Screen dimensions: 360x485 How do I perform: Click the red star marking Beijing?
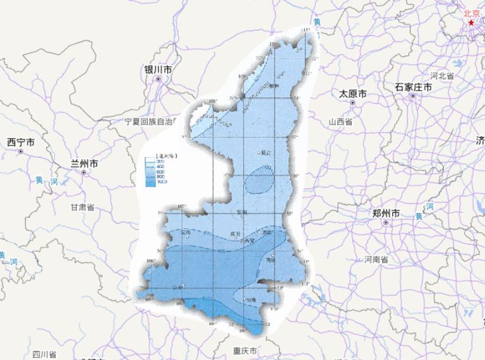coord(472,22)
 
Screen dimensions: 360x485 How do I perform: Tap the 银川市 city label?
coord(158,69)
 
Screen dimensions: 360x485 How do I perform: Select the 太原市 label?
coord(352,93)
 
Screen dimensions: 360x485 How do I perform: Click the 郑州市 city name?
coord(386,213)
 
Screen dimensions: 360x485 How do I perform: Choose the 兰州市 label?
coord(84,164)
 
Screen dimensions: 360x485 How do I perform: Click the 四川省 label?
coord(45,354)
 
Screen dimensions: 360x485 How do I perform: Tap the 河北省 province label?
coord(443,75)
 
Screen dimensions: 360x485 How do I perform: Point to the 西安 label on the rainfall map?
coord(249,241)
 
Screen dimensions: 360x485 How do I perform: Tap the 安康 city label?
coord(251,299)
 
